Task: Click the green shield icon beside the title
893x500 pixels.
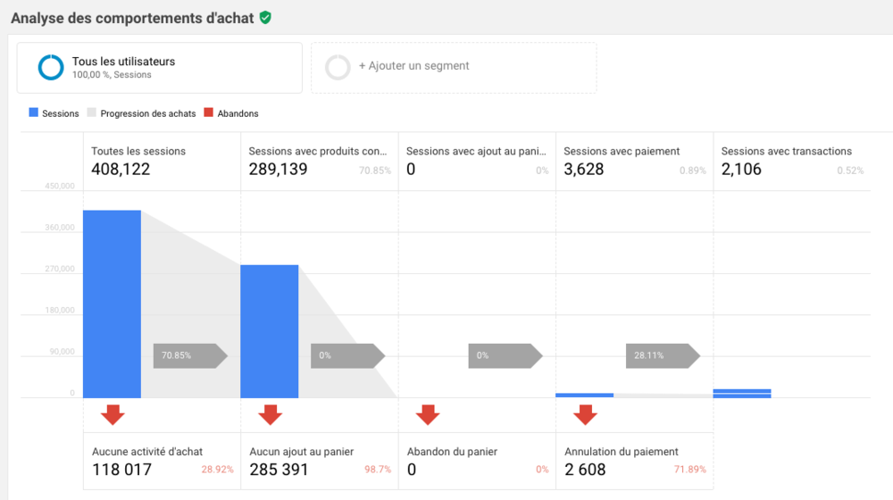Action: point(265,17)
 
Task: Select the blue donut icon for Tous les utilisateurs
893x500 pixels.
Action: point(50,68)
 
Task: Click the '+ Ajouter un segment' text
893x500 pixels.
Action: point(413,66)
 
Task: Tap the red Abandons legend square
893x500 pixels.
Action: point(209,113)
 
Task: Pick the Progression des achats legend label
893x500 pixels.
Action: point(147,114)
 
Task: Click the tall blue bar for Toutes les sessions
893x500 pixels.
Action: point(112,304)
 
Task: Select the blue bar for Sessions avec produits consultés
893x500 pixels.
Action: point(269,331)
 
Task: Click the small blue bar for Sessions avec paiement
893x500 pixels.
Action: point(584,395)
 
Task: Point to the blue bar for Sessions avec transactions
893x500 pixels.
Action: point(742,393)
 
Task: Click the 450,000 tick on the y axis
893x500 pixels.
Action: point(60,187)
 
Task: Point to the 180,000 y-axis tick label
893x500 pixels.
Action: point(60,311)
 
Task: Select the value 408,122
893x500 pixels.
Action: point(121,169)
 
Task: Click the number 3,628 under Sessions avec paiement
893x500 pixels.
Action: point(584,169)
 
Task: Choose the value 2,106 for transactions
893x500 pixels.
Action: point(741,169)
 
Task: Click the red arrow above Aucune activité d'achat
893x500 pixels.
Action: point(113,414)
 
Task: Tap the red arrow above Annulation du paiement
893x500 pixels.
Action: point(586,414)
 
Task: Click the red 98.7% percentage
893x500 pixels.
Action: point(377,470)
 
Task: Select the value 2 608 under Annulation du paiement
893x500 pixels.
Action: point(585,470)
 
